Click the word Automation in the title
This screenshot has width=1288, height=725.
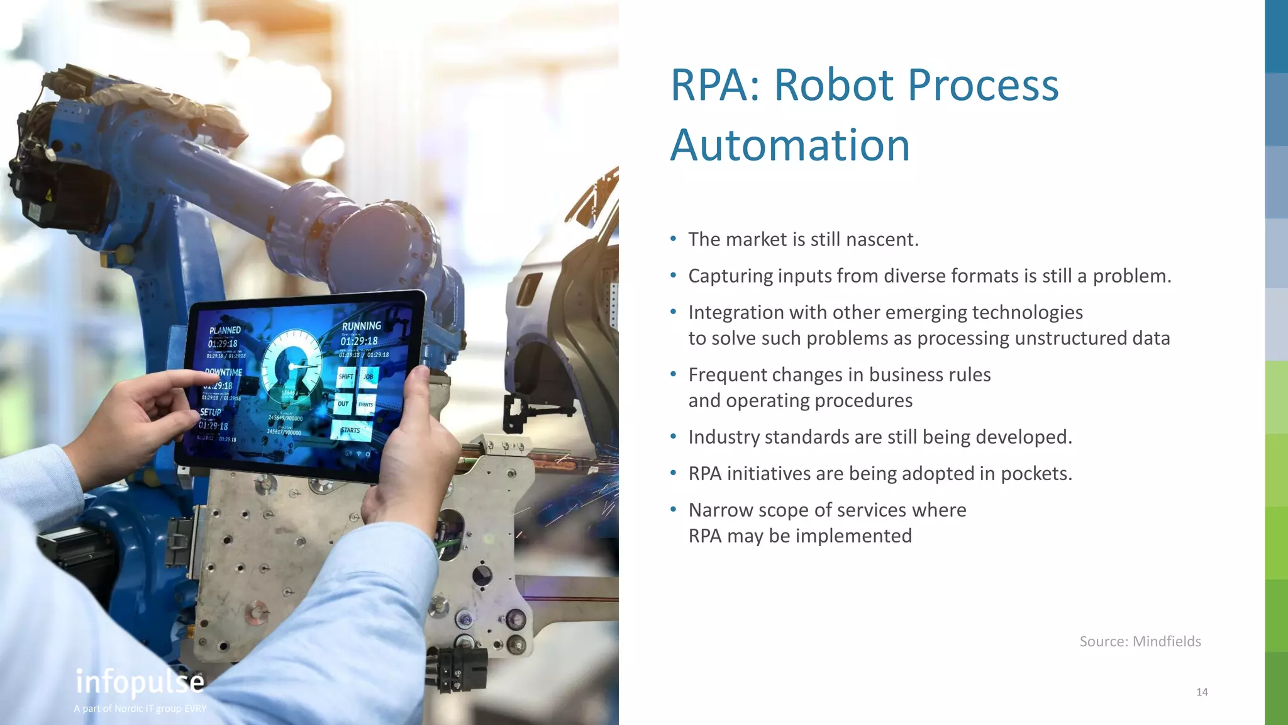[x=790, y=145]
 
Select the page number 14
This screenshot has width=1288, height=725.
[x=1202, y=692]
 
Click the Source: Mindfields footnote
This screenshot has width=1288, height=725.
[x=1140, y=641]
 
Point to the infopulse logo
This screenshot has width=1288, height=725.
[x=140, y=682]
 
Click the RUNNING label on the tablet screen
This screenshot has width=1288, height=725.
[x=361, y=326]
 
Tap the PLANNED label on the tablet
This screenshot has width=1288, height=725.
[x=225, y=330]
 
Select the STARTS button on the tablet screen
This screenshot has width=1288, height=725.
[x=351, y=430]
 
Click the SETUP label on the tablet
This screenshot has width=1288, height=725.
[x=211, y=412]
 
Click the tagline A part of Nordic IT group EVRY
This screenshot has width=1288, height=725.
[x=140, y=709]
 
